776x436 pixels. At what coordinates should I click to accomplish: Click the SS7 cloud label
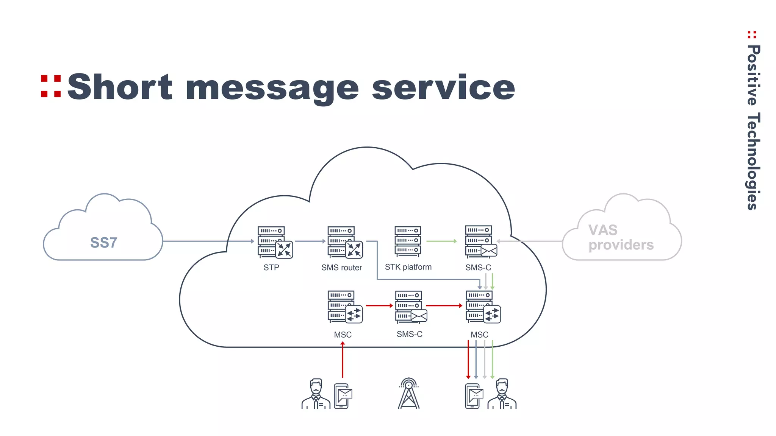pos(103,243)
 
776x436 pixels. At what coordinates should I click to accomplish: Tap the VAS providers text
pos(621,238)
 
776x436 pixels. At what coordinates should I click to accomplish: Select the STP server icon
pos(274,242)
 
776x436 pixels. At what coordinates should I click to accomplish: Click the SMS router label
pos(341,268)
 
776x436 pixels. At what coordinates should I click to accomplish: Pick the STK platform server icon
pos(408,241)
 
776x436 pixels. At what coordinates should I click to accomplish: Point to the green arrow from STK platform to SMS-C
pos(441,241)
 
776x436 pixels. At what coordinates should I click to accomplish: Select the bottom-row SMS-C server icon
pos(410,307)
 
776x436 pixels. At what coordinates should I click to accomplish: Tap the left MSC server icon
pos(344,307)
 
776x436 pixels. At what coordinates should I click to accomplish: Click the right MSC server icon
pos(482,307)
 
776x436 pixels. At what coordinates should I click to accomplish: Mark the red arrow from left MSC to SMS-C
pos(379,305)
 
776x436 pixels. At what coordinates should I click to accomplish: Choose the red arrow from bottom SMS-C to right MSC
pos(444,305)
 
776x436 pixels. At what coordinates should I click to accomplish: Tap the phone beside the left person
pos(343,396)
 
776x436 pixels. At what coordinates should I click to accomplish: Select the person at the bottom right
pos(502,394)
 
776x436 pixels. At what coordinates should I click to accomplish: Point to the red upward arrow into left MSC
pos(343,360)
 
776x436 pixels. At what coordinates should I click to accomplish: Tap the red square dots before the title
pos(51,86)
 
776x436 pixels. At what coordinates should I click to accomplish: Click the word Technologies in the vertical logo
pos(753,161)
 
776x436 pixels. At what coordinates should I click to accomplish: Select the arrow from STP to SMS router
pos(310,241)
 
